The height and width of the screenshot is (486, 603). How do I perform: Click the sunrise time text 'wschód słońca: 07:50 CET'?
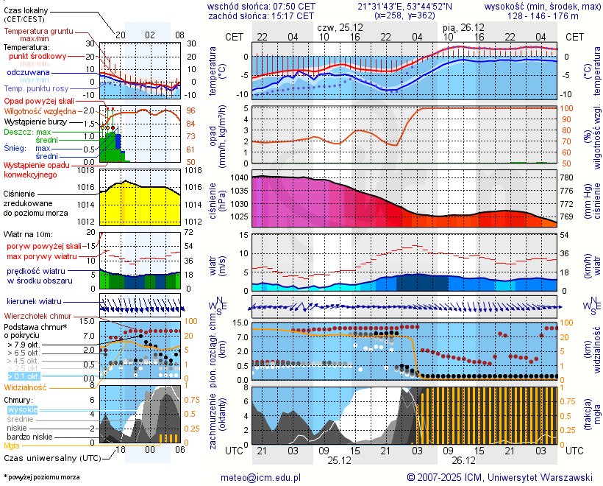[261, 6]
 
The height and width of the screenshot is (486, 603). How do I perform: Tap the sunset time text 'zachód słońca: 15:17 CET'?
[261, 15]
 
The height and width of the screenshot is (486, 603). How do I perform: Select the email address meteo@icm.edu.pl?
[261, 477]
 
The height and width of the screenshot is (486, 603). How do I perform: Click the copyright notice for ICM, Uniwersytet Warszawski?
[499, 477]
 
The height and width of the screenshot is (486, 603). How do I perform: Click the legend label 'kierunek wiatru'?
[34, 302]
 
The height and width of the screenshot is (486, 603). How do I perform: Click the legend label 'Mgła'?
[12, 445]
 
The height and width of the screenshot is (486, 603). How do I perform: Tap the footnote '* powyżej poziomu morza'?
[42, 477]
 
